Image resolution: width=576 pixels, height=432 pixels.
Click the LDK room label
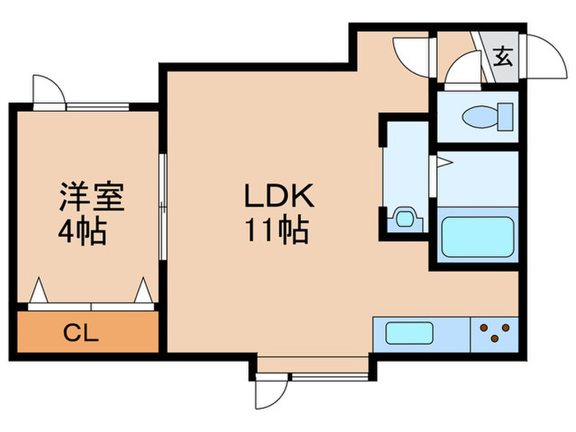277,197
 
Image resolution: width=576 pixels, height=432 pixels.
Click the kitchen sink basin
410,335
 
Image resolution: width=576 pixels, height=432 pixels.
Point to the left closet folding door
38,291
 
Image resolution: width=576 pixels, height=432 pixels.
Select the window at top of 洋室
97,105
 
